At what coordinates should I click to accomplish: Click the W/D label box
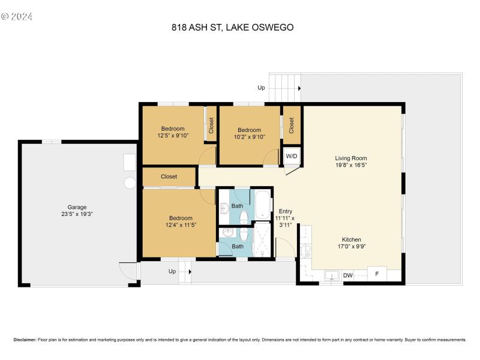[292, 156]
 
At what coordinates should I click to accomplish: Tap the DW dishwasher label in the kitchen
[347, 276]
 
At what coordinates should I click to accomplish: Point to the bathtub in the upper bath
[263, 205]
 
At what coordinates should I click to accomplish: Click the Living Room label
[351, 158]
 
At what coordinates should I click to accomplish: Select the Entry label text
[286, 211]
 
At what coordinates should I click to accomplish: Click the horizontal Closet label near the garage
[169, 177]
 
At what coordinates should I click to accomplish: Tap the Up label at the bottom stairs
[172, 272]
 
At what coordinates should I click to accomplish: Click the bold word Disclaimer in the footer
[24, 340]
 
